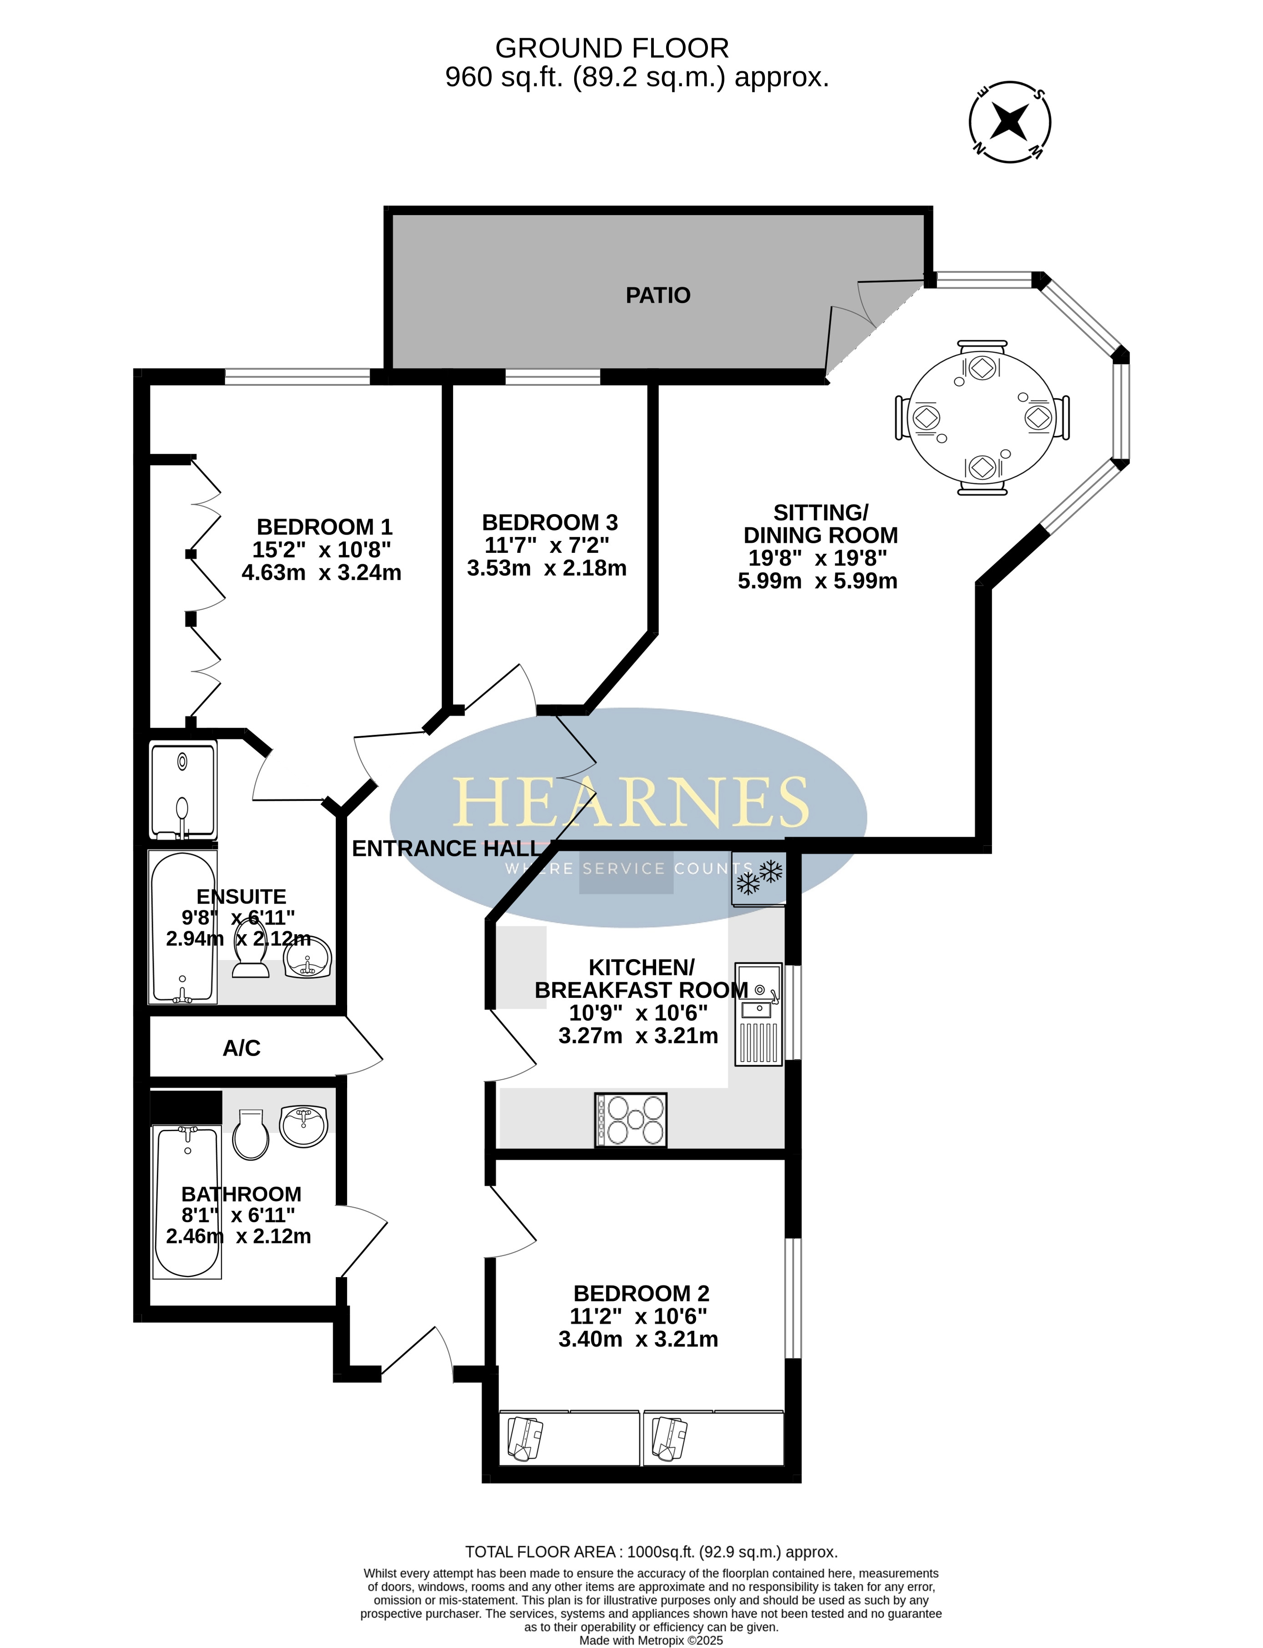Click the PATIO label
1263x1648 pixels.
click(x=658, y=295)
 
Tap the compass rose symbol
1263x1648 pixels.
click(x=1010, y=122)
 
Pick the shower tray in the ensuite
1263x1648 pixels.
click(x=183, y=790)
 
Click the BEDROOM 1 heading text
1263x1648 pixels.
click(x=325, y=526)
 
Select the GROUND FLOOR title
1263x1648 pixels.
click(x=612, y=49)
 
